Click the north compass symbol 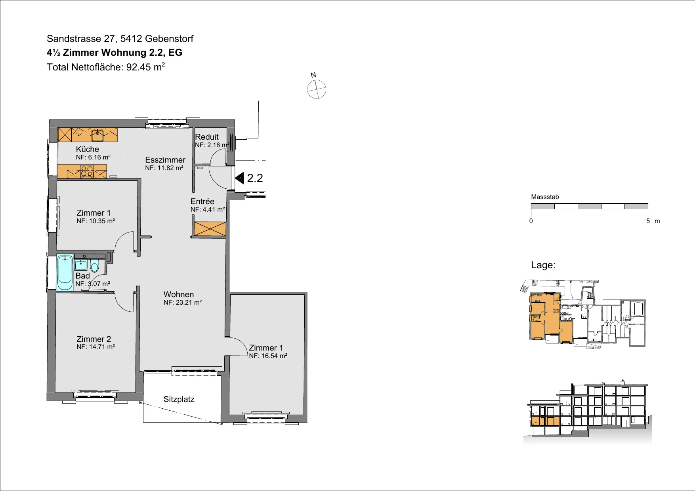coord(317,89)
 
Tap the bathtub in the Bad coord(65,273)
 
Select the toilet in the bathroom coord(94,265)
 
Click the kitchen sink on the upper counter coord(97,136)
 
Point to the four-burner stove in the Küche coord(87,172)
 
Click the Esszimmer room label coord(165,160)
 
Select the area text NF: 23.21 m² coord(183,303)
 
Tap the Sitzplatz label coord(179,399)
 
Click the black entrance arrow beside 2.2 coord(239,178)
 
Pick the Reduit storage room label coord(207,137)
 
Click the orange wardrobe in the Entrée coord(210,229)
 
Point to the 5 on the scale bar coord(648,221)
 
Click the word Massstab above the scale coord(545,197)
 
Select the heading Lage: coord(543,265)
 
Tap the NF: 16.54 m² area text coord(268,356)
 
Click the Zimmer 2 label coord(94,339)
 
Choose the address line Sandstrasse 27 coord(80,39)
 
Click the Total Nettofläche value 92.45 coord(138,67)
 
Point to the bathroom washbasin coord(81,264)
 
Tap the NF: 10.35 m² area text coord(96,221)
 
